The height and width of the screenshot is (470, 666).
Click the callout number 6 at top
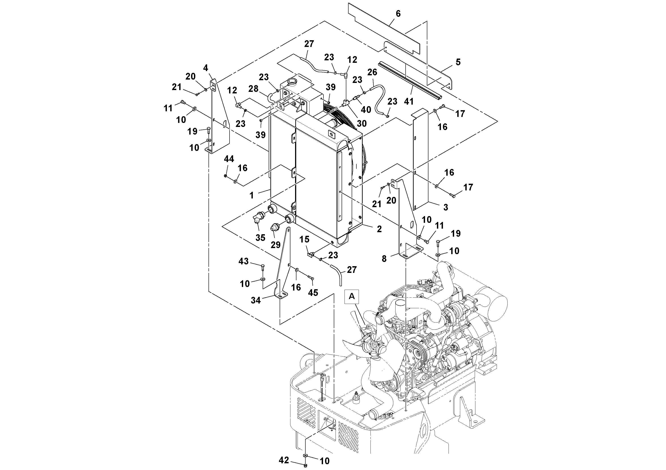pos(398,14)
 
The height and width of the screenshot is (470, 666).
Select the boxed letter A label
pos(351,296)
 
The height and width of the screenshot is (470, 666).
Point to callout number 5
pos(458,62)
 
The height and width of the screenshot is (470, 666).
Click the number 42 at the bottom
pos(284,460)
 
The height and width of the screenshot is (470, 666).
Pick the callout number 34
pos(255,301)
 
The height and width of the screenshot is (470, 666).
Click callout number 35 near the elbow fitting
pos(260,238)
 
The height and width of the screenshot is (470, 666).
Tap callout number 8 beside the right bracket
pos(384,259)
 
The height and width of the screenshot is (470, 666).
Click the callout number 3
pos(446,207)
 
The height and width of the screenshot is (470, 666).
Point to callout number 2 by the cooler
pos(379,229)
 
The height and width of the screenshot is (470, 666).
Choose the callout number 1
pos(251,196)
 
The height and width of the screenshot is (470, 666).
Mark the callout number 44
pos(229,159)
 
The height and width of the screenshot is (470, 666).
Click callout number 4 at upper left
pos(206,68)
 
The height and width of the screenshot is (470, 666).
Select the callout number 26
pos(372,72)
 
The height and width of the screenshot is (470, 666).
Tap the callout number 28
pos(253,89)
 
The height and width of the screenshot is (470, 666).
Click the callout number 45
pos(313,293)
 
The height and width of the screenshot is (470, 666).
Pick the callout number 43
pos(243,261)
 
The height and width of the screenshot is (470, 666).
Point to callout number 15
pos(304,239)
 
